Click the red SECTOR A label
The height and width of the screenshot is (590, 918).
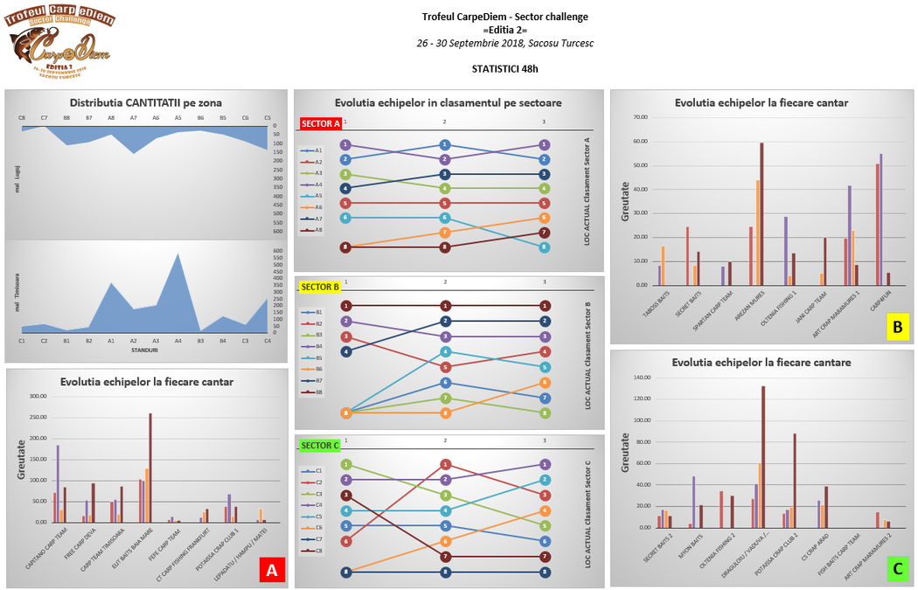(x=320, y=123)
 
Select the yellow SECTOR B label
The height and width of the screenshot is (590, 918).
(x=320, y=286)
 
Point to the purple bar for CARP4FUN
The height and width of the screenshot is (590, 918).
(x=881, y=219)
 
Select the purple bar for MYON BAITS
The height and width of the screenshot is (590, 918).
(x=693, y=502)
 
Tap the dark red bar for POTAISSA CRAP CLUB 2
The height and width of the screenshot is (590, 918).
(x=795, y=480)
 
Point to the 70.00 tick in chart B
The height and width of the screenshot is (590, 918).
(x=641, y=117)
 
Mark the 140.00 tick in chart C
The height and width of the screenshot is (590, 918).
(x=640, y=378)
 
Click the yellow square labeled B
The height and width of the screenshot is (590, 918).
(x=896, y=328)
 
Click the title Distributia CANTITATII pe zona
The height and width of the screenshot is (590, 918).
(x=145, y=102)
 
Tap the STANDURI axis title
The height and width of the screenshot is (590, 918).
(x=145, y=350)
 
